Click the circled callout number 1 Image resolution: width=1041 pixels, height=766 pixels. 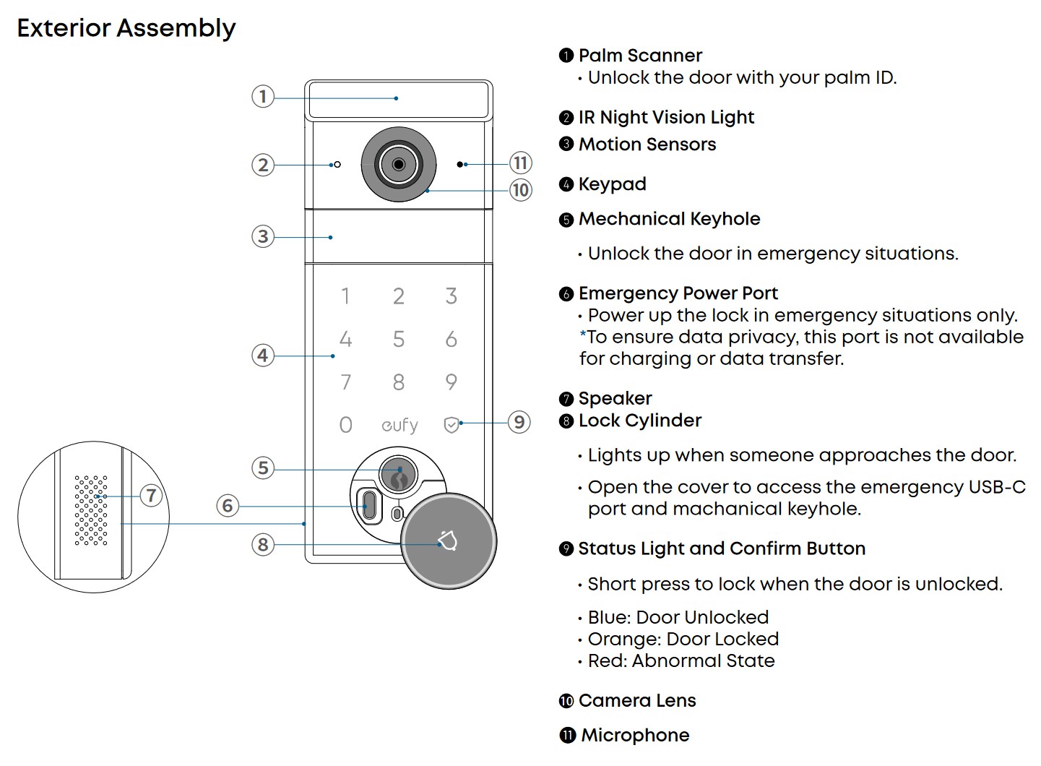pos(263,96)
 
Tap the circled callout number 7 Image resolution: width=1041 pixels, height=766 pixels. pos(151,495)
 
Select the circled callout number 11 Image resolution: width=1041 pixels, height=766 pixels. pos(521,163)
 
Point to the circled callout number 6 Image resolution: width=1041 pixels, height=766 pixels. pos(228,505)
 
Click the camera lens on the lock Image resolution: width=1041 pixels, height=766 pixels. pos(399,165)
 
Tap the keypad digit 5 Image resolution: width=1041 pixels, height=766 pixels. pos(399,339)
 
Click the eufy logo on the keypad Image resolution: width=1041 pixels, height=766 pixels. pos(399,425)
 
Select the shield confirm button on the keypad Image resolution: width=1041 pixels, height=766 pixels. pos(452,425)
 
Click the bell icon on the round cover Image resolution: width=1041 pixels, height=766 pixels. pos(448,541)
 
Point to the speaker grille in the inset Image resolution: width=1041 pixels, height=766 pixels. pos(91,510)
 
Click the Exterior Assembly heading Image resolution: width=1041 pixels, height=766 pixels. pos(126,28)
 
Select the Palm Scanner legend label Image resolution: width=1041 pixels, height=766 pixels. pos(640,56)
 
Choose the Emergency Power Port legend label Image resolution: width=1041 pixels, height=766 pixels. pos(678,293)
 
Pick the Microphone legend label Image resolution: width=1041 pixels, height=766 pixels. pos(635,735)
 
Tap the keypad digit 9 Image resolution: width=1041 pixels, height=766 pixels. pos(452,382)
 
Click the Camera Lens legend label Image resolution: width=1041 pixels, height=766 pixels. pos(637,700)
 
